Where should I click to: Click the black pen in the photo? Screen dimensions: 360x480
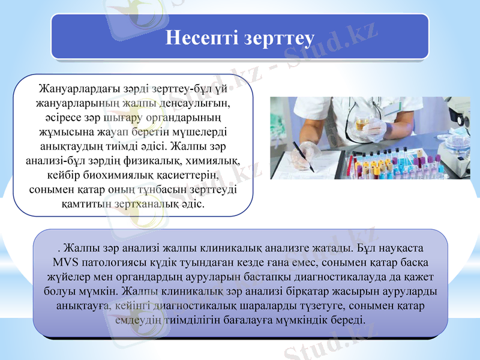(302, 156)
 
